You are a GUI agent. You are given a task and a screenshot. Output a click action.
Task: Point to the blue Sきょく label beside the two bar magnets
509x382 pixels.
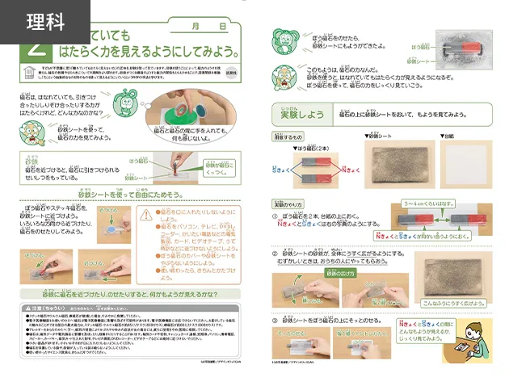pos(282,169)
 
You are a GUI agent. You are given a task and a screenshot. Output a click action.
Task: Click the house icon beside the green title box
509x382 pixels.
pos(30,73)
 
